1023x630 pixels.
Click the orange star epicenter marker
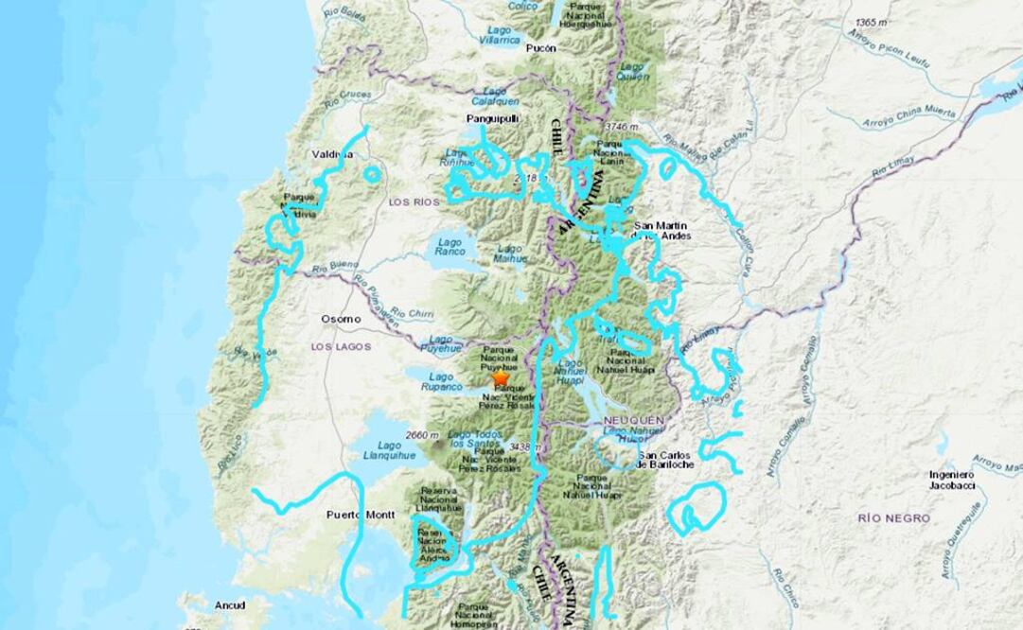click(500, 378)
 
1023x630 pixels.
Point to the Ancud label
click(230, 604)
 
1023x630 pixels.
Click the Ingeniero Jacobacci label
click(951, 480)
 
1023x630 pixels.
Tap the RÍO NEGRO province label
click(893, 518)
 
